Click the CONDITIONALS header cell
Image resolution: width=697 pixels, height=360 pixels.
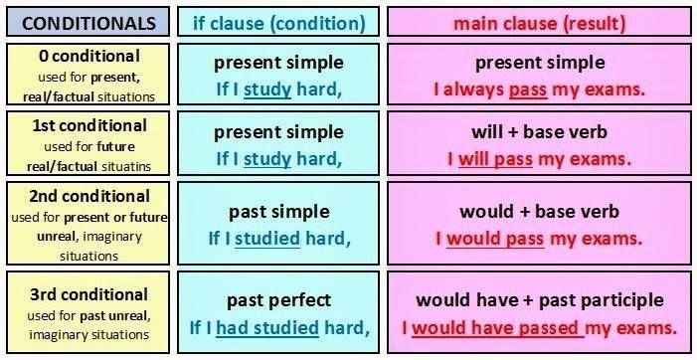(x=88, y=21)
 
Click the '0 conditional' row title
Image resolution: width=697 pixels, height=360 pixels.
(x=87, y=56)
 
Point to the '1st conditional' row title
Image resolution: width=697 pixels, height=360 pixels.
(x=87, y=125)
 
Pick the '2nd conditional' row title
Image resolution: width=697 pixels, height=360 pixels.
(x=87, y=196)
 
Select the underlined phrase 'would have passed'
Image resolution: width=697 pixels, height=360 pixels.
(x=495, y=327)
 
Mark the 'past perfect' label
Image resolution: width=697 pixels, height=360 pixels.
(x=278, y=299)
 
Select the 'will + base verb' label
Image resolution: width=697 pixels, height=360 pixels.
(x=539, y=131)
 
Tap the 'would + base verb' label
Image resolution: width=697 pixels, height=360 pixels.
(x=539, y=211)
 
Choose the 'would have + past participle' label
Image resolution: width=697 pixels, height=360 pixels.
(x=539, y=299)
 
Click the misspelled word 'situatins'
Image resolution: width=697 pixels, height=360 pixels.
(x=124, y=165)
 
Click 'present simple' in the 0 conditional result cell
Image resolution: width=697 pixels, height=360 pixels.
(x=539, y=63)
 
